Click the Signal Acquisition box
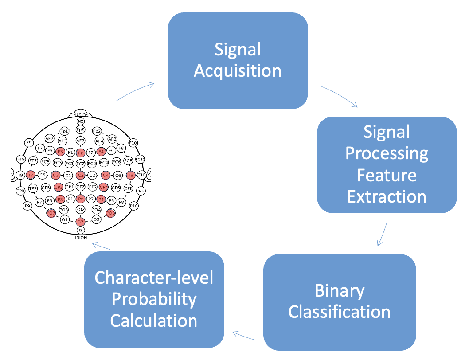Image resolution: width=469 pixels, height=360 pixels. pyautogui.click(x=238, y=60)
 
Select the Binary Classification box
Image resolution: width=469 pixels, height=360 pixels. pyautogui.click(x=340, y=301)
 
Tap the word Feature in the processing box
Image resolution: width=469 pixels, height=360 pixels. pyautogui.click(x=387, y=175)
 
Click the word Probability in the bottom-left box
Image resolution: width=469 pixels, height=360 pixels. pyautogui.click(x=154, y=299)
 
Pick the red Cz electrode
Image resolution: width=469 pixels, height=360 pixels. pyautogui.click(x=80, y=175)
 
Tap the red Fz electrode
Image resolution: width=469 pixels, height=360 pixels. pyautogui.click(x=80, y=153)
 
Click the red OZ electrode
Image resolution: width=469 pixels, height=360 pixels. pyautogui.click(x=80, y=222)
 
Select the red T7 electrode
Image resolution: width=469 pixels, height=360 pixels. pyautogui.click(x=31, y=175)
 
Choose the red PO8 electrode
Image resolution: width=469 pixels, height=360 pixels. pyautogui.click(x=110, y=213)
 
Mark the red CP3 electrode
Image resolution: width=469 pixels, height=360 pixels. pyautogui.click(x=58, y=187)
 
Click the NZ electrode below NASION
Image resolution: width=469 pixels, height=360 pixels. pyautogui.click(x=80, y=121)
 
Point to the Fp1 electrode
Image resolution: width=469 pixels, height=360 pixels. pyautogui.click(x=64, y=131)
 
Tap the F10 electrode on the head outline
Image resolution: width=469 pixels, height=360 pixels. pyautogui.click(x=133, y=143)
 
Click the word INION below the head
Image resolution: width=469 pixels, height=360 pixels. pyautogui.click(x=80, y=238)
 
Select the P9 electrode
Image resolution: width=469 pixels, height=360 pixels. pyautogui.click(x=27, y=206)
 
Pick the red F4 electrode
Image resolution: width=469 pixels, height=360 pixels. pyautogui.click(x=101, y=152)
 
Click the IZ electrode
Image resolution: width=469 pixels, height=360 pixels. pyautogui.click(x=80, y=231)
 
